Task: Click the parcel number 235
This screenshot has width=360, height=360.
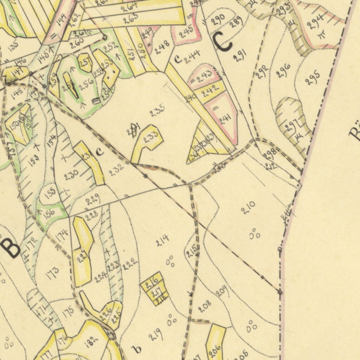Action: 157,112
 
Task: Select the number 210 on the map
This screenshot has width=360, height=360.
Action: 248,207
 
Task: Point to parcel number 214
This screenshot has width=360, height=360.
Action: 162,240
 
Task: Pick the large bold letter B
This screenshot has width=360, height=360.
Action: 11,247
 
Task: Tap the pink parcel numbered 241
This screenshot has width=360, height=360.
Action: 225,120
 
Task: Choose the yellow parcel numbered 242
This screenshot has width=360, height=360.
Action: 211,91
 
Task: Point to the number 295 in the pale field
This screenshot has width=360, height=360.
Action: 312,78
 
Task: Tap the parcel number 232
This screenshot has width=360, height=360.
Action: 116,170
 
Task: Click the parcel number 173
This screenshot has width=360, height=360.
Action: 52,273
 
